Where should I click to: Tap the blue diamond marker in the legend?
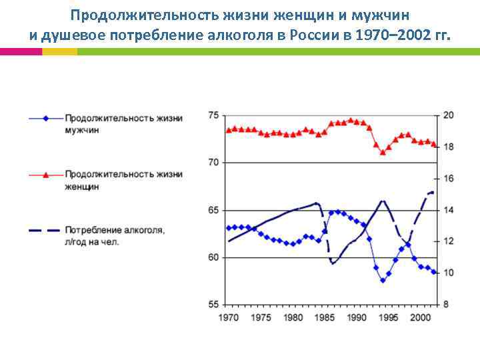[45, 119]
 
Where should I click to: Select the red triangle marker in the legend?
[45, 175]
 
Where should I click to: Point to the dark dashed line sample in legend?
[45, 231]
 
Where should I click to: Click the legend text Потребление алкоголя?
[115, 231]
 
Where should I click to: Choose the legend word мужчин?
[82, 131]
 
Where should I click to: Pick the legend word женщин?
[83, 187]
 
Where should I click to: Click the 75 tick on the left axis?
[213, 115]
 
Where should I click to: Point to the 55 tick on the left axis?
[213, 305]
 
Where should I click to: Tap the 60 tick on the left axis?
[213, 257]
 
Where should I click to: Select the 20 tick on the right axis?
[449, 115]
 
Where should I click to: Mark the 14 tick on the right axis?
[449, 210]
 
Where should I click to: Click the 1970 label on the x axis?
[229, 317]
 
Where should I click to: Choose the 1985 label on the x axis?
[325, 317]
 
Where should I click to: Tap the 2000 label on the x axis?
[420, 317]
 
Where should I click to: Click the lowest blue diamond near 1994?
[383, 281]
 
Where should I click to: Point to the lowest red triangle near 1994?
[383, 153]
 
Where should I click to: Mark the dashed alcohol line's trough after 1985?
[332, 263]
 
